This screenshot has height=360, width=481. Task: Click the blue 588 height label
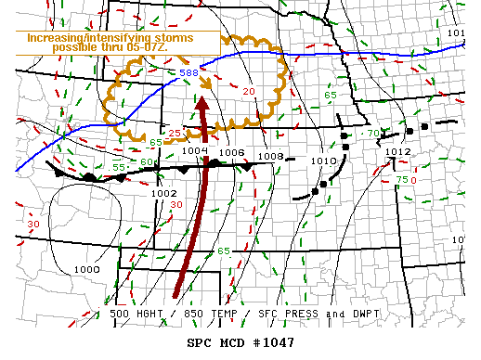point(188,71)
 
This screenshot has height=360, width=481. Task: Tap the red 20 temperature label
point(249,91)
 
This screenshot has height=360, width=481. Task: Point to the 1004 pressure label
point(194,151)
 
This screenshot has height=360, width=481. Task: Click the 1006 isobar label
point(231,152)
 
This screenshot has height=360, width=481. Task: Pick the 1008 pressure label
point(269,157)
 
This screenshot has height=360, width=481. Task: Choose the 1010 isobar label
point(322,161)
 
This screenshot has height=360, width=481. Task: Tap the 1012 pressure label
point(397,151)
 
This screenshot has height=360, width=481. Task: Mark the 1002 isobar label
point(164,193)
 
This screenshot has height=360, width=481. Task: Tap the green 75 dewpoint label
point(401,179)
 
